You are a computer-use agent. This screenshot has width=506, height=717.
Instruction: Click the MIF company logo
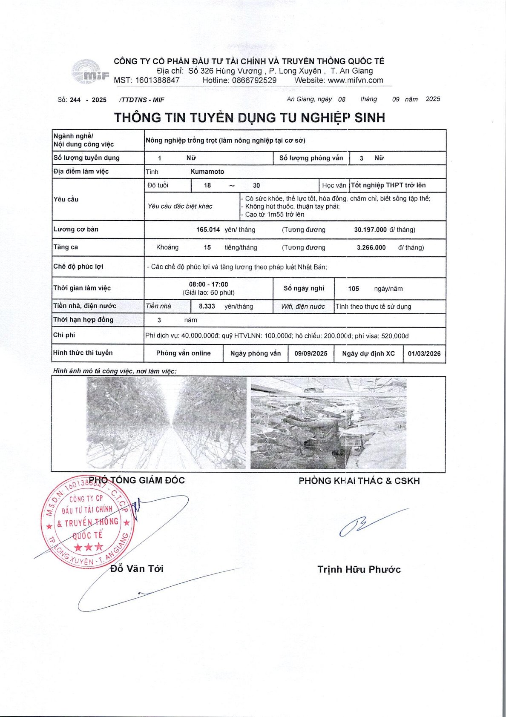click(90, 72)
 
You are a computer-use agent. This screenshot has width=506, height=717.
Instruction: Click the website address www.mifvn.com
click(356, 80)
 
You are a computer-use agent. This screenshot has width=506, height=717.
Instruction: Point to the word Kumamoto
click(207, 172)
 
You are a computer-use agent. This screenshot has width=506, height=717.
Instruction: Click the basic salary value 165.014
click(208, 230)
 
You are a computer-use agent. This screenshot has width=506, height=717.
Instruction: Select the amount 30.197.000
click(370, 230)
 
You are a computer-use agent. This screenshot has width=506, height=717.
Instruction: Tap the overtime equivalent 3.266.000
click(371, 248)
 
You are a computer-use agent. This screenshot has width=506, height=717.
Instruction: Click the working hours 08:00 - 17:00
click(208, 284)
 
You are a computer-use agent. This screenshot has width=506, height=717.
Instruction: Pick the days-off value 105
click(354, 289)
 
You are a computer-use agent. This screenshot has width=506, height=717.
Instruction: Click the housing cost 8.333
click(207, 306)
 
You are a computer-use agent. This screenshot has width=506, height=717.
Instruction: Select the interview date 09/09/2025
click(311, 353)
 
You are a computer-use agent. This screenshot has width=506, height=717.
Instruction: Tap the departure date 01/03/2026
click(424, 353)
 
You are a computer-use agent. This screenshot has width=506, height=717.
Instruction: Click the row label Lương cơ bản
click(76, 229)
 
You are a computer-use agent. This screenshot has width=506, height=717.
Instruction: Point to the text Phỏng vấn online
click(183, 353)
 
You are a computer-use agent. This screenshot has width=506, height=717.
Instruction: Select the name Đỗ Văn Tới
click(137, 569)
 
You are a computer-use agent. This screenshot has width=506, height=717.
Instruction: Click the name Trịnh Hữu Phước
click(359, 570)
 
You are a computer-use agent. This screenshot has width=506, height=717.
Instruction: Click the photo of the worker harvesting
click(328, 423)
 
